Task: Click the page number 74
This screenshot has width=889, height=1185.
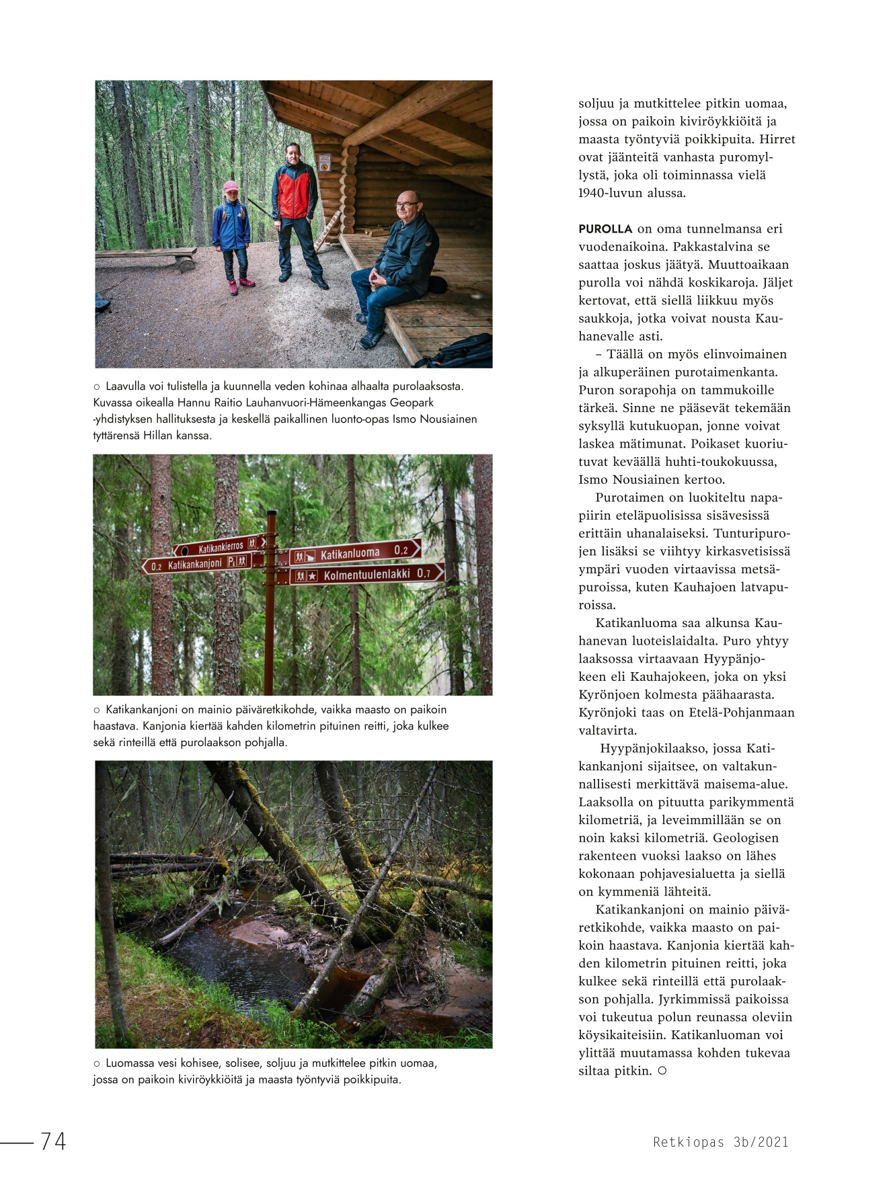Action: [53, 1141]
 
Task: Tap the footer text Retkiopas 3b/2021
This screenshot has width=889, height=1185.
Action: [720, 1141]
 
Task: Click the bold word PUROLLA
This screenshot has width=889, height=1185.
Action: [605, 229]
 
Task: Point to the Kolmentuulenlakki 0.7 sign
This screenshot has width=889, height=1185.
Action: [366, 574]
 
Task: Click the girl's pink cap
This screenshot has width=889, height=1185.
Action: [231, 186]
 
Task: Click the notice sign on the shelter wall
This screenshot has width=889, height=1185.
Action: [325, 162]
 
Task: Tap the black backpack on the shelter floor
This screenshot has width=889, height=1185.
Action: [459, 351]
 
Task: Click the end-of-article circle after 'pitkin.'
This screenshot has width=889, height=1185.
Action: [662, 1071]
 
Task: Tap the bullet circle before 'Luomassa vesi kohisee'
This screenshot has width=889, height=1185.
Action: [97, 1063]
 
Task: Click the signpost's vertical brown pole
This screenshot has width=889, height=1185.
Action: [270, 605]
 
